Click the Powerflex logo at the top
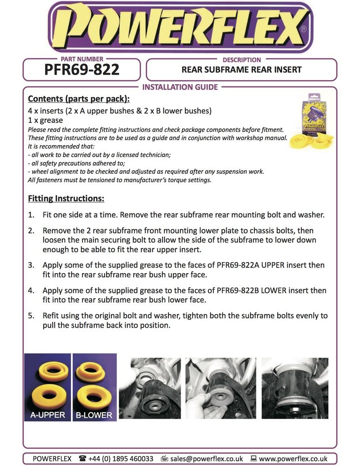pos(180,27)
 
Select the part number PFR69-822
pos(82,70)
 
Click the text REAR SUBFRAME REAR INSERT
pos(241,70)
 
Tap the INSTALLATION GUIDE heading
pos(180,87)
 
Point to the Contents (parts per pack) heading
pos(79,99)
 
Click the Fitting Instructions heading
pos(66,199)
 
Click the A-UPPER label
pos(48,415)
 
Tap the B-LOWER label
pos(95,415)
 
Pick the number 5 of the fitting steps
pos(31,315)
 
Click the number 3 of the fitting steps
pos(31,264)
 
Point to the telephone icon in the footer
pos(82,458)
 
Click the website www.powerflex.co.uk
pos(293,458)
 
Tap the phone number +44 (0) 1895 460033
pos(121,458)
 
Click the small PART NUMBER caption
pos(82,59)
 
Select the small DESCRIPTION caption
pos(241,60)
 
